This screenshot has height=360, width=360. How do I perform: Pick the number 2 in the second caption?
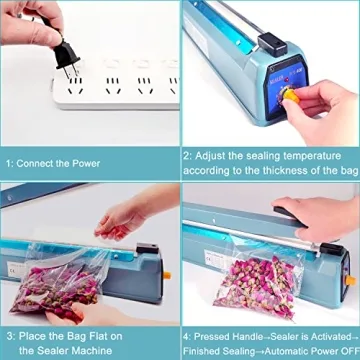click(187, 156)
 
